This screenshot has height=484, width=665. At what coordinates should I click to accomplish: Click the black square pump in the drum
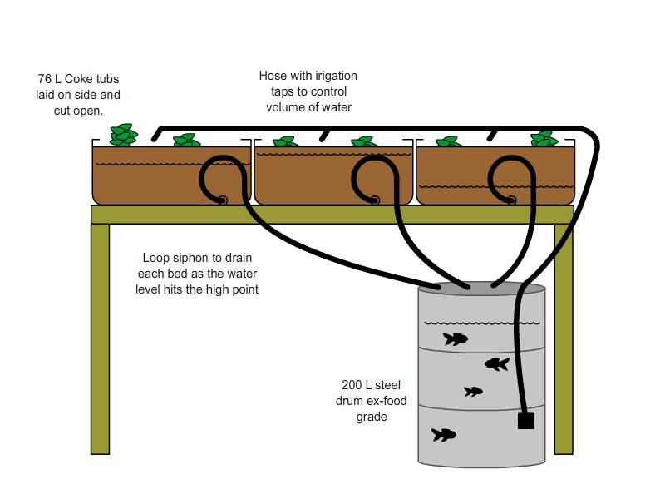tap(525, 422)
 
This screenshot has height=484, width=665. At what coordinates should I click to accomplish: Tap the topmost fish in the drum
tap(455, 338)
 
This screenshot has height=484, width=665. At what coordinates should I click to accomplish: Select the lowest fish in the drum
tap(443, 434)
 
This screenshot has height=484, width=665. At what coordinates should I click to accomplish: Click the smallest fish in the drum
tap(473, 391)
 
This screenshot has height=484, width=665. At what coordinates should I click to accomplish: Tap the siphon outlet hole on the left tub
tap(223, 200)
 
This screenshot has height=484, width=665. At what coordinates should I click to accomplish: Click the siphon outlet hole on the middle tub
tap(375, 200)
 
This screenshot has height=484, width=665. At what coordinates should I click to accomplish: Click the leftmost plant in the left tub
tap(125, 136)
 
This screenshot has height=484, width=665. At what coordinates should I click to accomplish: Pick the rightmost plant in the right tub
tap(544, 138)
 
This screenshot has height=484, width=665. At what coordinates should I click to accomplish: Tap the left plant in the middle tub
tap(284, 142)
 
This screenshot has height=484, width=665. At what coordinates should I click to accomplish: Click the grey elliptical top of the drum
tap(480, 288)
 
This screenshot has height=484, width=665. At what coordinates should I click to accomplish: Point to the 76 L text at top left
tap(50, 80)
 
